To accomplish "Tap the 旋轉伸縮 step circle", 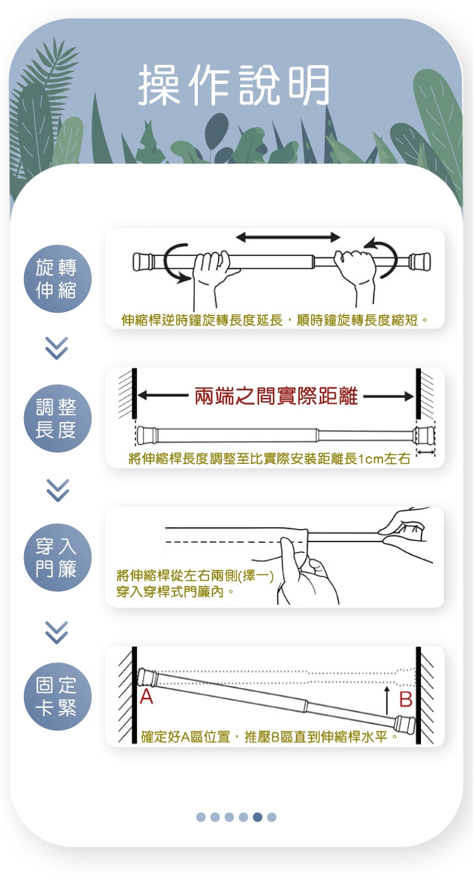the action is [58, 279].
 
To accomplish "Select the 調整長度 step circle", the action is [58, 418].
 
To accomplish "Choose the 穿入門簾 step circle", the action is [58, 557].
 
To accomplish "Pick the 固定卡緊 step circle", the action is [58, 696].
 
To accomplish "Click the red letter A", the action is [147, 696].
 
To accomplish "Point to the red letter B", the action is [406, 700].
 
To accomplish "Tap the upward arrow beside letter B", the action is [387, 700].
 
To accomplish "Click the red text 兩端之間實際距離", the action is [276, 396].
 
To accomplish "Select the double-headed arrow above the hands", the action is [288, 237].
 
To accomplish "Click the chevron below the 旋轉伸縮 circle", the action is [57, 348].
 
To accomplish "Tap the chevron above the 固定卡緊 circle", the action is [57, 633].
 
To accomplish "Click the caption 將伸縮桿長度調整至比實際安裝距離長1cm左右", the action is [269, 459].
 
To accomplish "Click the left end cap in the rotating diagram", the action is [143, 262].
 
